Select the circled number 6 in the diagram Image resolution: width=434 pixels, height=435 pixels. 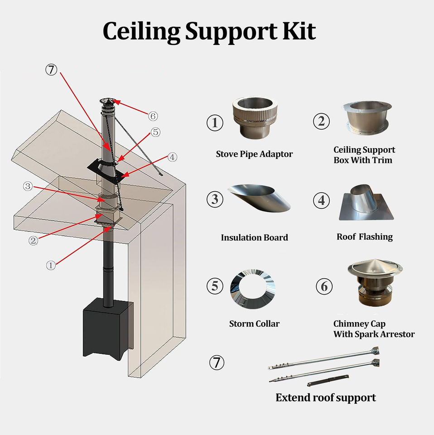153,116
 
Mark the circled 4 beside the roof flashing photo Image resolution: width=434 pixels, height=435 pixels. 322,200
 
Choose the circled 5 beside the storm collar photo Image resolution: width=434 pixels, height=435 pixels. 215,286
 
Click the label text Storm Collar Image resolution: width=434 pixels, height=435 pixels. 254,324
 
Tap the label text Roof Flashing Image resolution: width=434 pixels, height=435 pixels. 364,237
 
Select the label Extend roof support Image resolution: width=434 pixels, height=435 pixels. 326,398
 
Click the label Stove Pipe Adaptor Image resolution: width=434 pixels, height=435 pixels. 254,154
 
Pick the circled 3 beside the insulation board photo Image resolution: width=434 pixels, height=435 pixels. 215,199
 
